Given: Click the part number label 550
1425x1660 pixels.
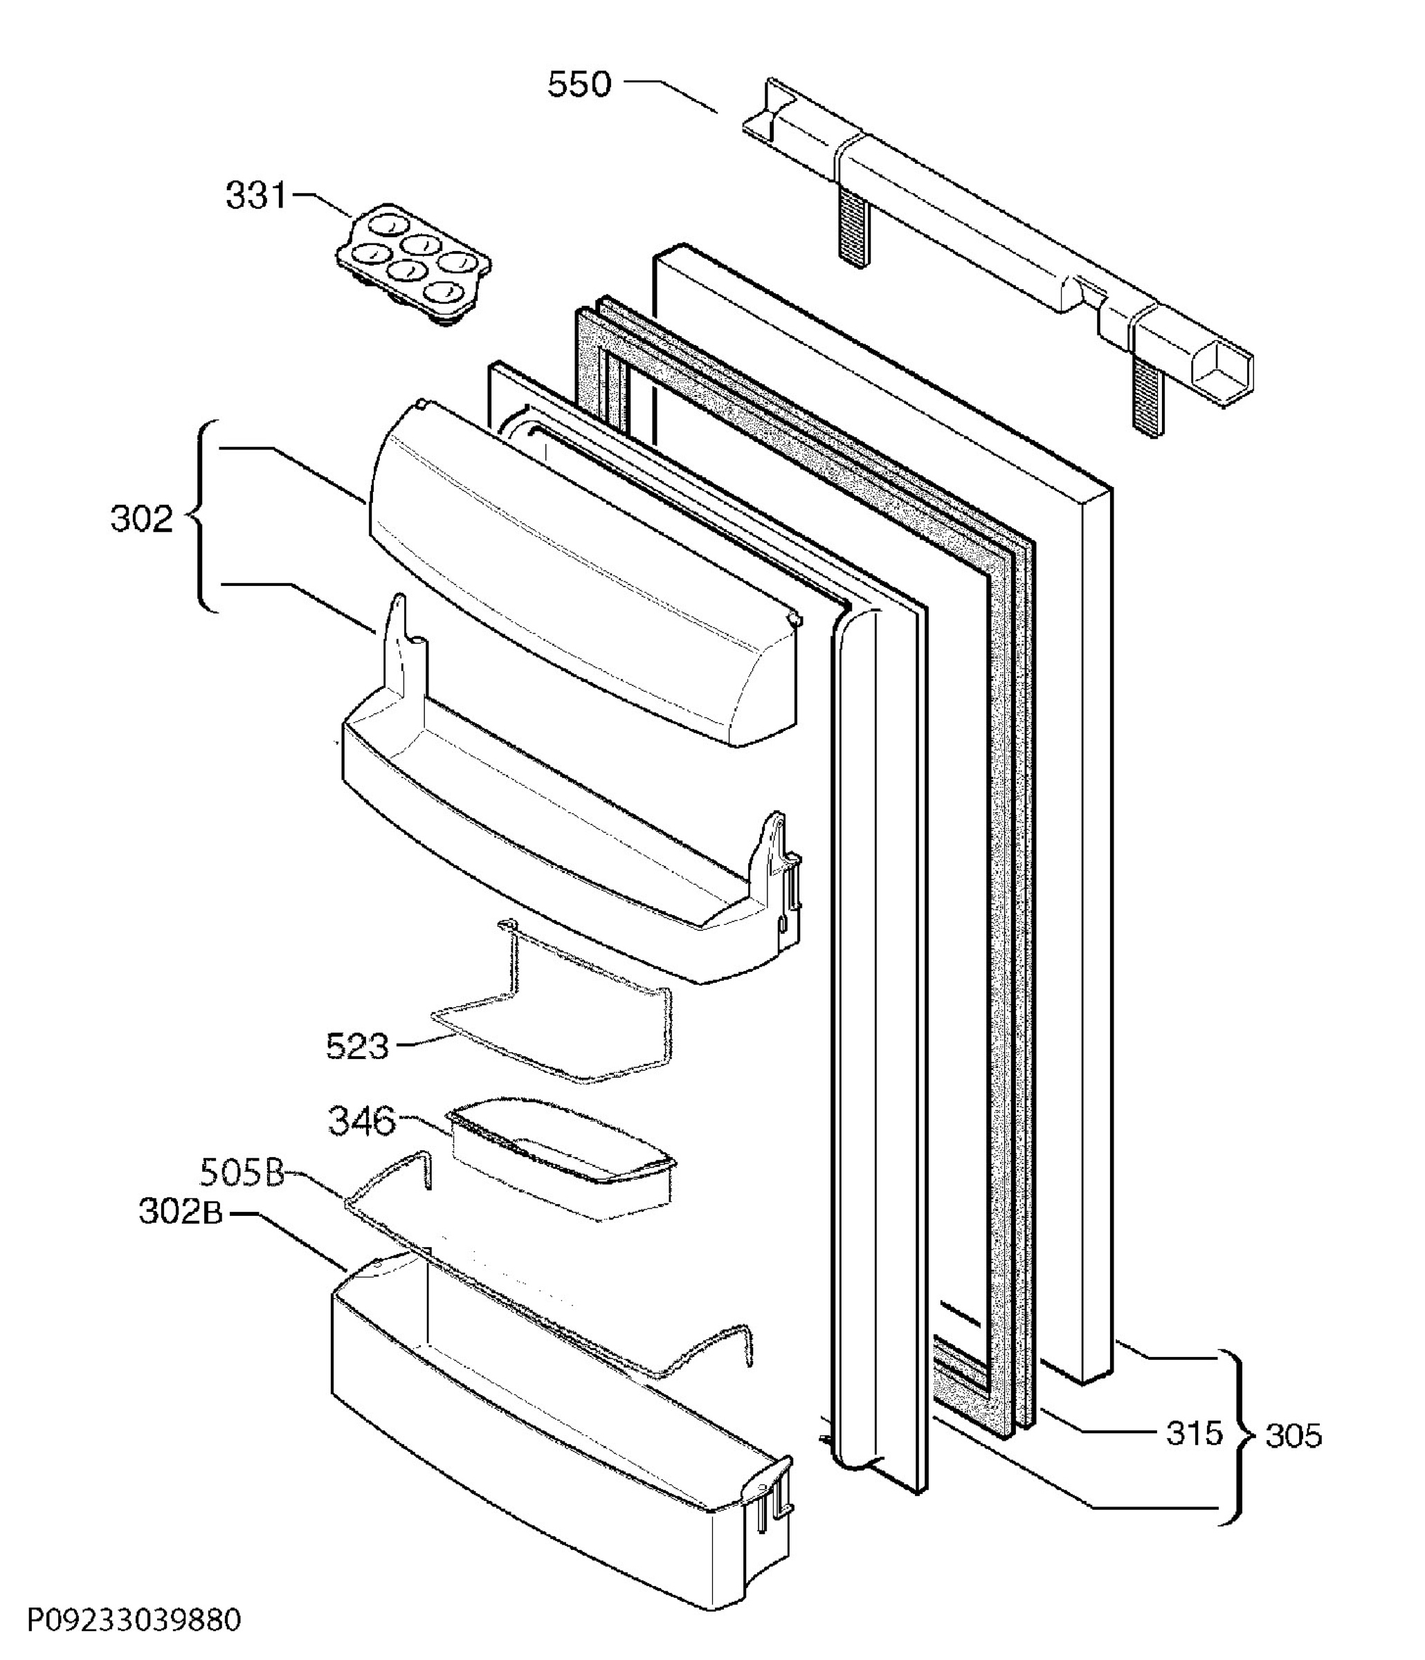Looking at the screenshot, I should tap(579, 84).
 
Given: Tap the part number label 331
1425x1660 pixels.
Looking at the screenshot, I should tap(255, 194).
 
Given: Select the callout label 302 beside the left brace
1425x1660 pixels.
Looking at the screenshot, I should tap(141, 519).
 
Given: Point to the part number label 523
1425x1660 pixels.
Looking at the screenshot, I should tap(356, 1046).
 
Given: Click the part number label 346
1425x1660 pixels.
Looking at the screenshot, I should tap(361, 1120).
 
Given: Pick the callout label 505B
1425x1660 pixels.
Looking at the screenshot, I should tap(242, 1174).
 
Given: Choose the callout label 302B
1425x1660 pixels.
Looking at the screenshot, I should tap(181, 1212).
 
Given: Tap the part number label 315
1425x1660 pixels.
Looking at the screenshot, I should tap(1194, 1433).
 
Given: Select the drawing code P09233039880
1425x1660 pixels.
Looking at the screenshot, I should tap(134, 1620).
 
